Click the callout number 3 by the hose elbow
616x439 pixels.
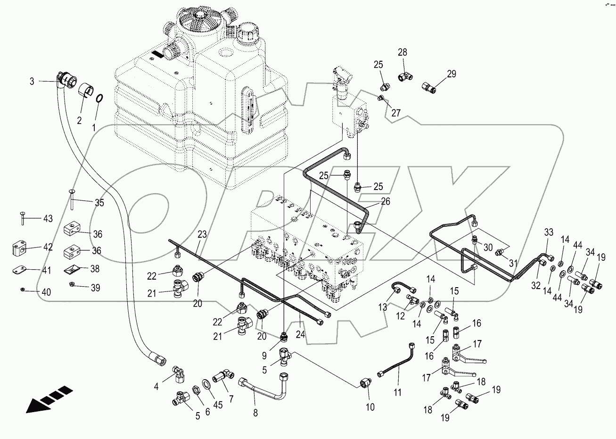pyautogui.click(x=32, y=82)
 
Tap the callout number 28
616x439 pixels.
pyautogui.click(x=402, y=52)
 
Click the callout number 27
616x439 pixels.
pyautogui.click(x=395, y=113)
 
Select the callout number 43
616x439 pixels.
pyautogui.click(x=48, y=219)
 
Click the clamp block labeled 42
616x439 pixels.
pyautogui.click(x=17, y=248)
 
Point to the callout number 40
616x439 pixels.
pyautogui.click(x=46, y=292)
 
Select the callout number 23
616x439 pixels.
pyautogui.click(x=202, y=233)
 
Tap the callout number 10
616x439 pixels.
pyautogui.click(x=370, y=406)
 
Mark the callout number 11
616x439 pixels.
pyautogui.click(x=399, y=392)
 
